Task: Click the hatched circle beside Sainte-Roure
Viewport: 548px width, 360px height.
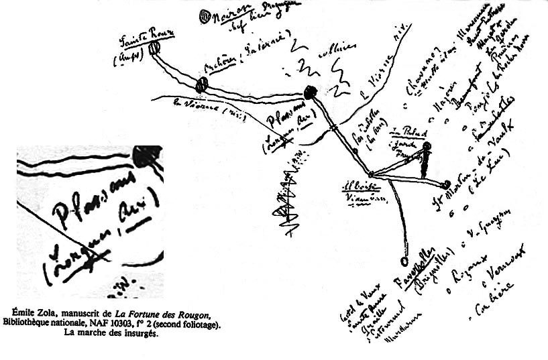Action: pyautogui.click(x=154, y=48)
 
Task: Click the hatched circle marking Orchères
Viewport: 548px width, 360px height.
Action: pyautogui.click(x=202, y=84)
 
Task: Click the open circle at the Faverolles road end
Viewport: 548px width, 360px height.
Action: pyautogui.click(x=404, y=261)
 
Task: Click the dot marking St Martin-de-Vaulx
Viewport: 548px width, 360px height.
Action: pyautogui.click(x=447, y=183)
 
